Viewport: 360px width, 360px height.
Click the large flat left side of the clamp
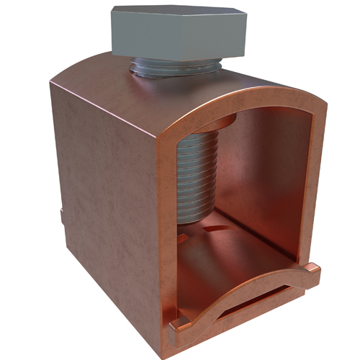(108, 194)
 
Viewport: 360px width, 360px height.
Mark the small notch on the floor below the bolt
(209, 229)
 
